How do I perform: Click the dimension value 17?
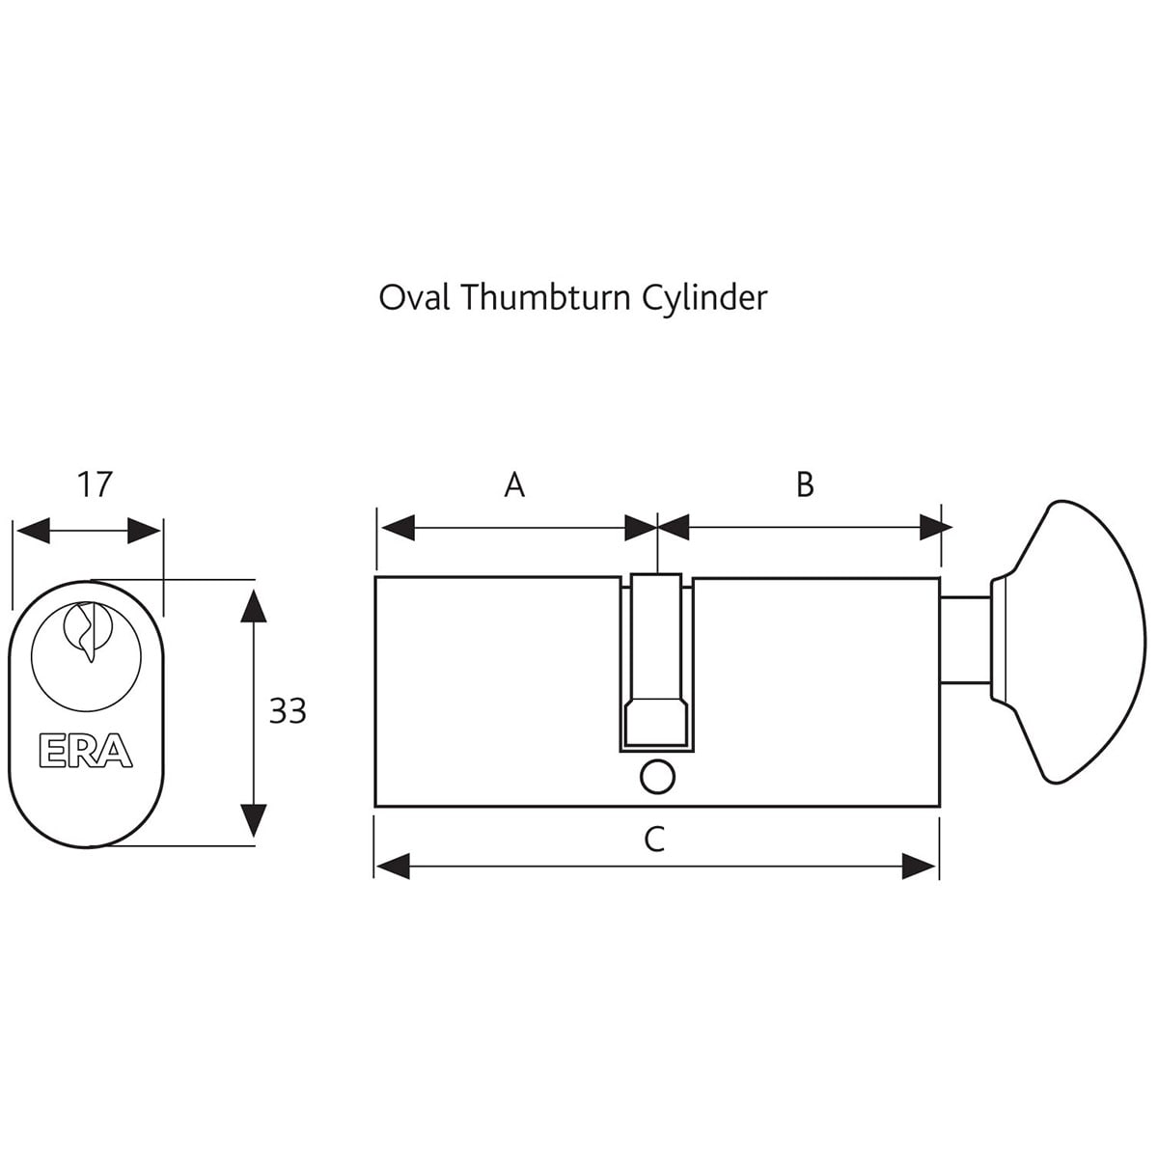coord(95,483)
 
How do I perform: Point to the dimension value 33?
coord(287,711)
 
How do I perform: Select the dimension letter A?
coord(514,484)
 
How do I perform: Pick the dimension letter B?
coord(805,484)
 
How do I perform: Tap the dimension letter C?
coord(654,840)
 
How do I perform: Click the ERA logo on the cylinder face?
coord(85,752)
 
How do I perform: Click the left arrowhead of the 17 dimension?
coord(32,530)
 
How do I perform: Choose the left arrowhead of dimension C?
coord(394,866)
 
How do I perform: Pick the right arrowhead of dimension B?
coord(935,528)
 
